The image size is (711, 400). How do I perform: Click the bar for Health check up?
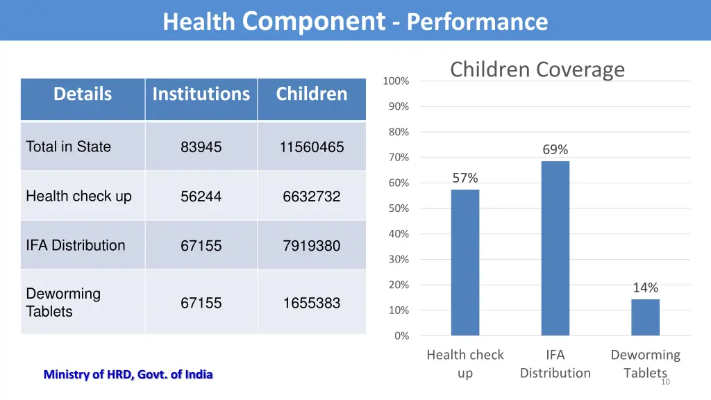pyautogui.click(x=465, y=262)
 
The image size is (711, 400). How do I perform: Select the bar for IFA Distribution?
pyautogui.click(x=555, y=248)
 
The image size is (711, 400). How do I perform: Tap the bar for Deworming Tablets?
pyautogui.click(x=645, y=317)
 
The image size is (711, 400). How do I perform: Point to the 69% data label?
pyautogui.click(x=555, y=150)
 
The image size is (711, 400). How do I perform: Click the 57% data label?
pyautogui.click(x=465, y=178)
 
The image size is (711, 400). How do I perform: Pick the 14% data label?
pyautogui.click(x=645, y=287)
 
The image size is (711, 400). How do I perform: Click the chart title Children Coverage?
pyautogui.click(x=537, y=69)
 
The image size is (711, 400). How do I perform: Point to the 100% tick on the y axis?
pyautogui.click(x=396, y=81)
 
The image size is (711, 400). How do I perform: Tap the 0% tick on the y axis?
pyautogui.click(x=401, y=336)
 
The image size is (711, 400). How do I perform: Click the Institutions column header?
pyautogui.click(x=201, y=94)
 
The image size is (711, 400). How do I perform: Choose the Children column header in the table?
pyautogui.click(x=311, y=94)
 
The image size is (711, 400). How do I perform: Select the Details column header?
pyautogui.click(x=83, y=94)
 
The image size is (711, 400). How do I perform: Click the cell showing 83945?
pyautogui.click(x=201, y=147)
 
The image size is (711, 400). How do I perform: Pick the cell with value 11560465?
pyautogui.click(x=311, y=147)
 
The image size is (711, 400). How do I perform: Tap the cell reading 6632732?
pyautogui.click(x=311, y=197)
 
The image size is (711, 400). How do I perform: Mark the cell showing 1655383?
pyautogui.click(x=311, y=303)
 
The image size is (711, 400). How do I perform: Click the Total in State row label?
pyautogui.click(x=68, y=147)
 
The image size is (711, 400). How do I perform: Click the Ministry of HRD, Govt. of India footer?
pyautogui.click(x=128, y=375)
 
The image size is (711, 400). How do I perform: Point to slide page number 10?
pyautogui.click(x=665, y=383)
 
